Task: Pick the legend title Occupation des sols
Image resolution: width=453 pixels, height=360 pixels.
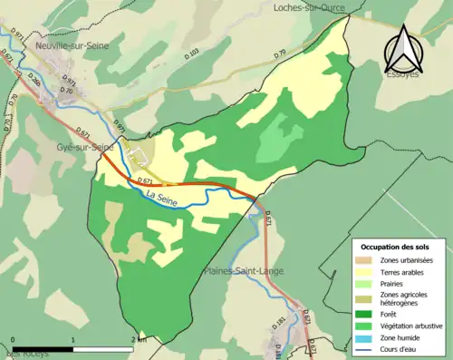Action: point(397,247)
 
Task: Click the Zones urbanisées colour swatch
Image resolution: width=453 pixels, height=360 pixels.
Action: point(367,260)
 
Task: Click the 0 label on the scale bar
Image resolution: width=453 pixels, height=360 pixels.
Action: point(14,339)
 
